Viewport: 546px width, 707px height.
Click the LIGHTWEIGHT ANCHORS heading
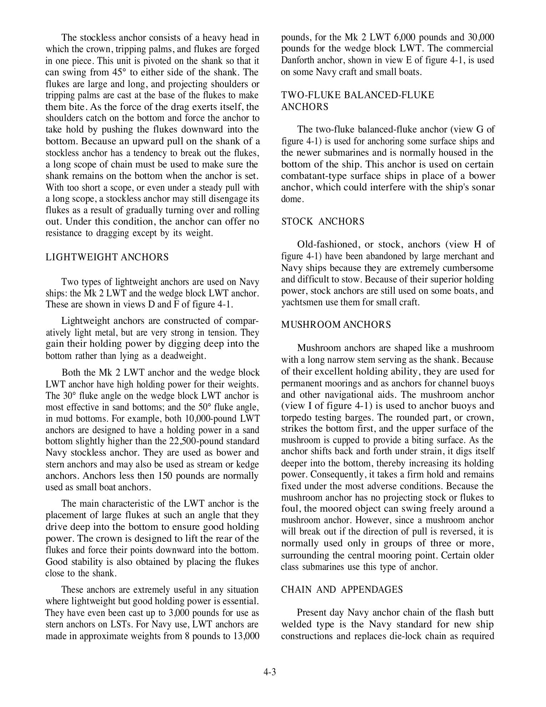(107, 257)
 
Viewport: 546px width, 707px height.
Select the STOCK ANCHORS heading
(323, 222)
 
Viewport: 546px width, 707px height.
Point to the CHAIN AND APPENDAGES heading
(342, 590)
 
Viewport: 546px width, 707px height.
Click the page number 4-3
(270, 672)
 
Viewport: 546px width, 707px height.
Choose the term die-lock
(403, 636)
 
